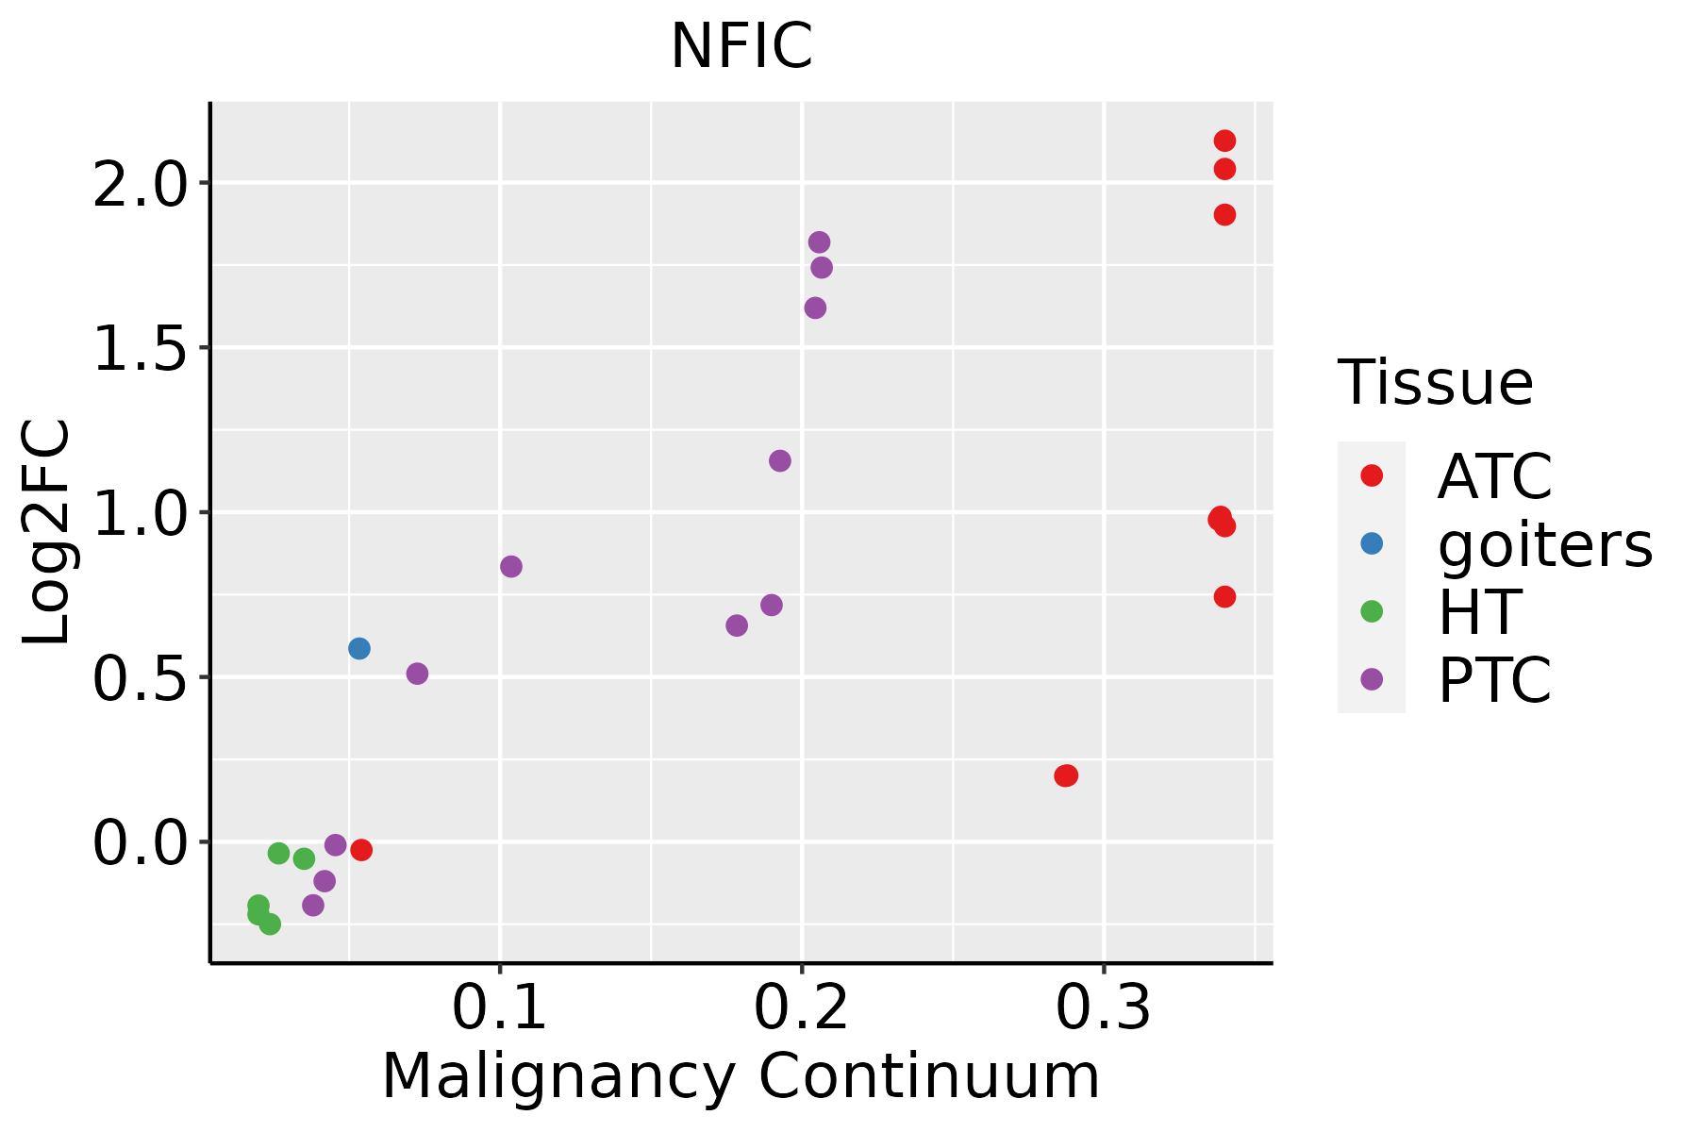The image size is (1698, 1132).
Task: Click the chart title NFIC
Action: click(x=741, y=46)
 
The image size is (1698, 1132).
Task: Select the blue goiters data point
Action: click(x=358, y=648)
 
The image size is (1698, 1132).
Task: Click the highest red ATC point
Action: click(x=1224, y=141)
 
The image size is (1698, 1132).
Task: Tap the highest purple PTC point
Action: click(x=819, y=242)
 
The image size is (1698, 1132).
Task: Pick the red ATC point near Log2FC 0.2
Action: click(x=1066, y=775)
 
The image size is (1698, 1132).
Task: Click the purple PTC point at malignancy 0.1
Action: click(x=511, y=566)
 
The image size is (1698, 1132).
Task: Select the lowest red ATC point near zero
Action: click(x=360, y=850)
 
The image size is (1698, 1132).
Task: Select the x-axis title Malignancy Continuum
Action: click(x=741, y=1076)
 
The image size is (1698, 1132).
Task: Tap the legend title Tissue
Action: click(x=1435, y=383)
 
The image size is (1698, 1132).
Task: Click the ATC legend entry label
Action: click(x=1494, y=476)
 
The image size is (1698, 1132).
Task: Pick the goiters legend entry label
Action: click(x=1544, y=544)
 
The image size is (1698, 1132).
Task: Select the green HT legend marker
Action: click(x=1372, y=611)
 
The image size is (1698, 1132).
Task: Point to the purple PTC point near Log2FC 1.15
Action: click(x=779, y=460)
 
